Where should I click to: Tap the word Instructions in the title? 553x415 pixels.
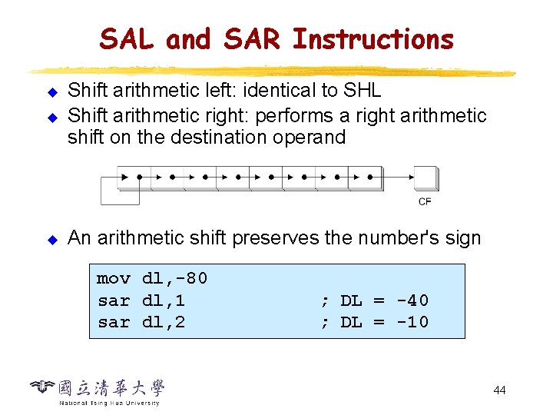[373, 38]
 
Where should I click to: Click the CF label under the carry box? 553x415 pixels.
[425, 201]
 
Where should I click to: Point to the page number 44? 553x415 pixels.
[499, 390]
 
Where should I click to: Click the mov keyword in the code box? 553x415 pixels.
[114, 278]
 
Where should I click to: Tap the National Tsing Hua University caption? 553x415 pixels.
[109, 403]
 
